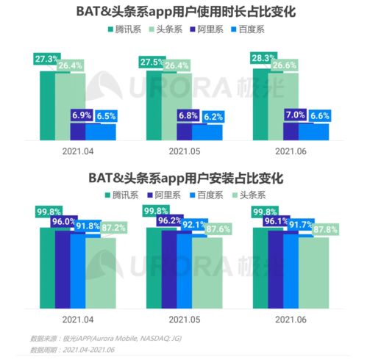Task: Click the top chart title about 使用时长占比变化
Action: tap(184, 12)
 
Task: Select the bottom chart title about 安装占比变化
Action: tap(184, 178)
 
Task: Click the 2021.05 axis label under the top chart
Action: tap(184, 152)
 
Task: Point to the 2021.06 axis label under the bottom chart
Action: tap(290, 320)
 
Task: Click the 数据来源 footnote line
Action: tap(103, 338)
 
